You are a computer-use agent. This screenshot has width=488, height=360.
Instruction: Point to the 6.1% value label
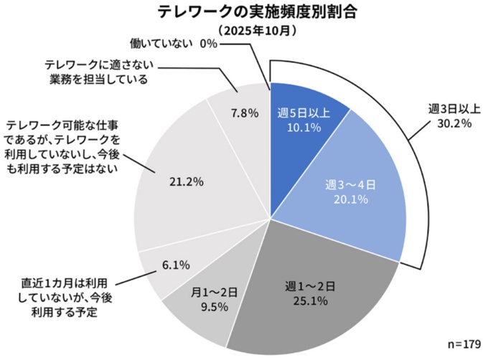click(x=176, y=265)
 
